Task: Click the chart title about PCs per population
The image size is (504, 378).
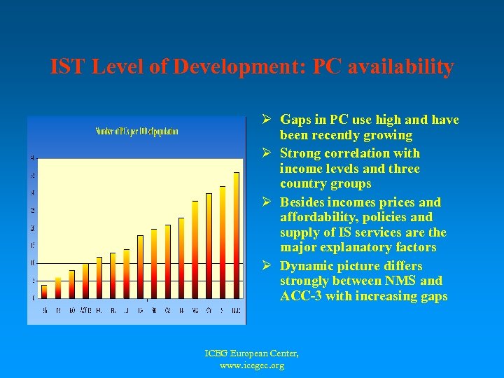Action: tap(136, 131)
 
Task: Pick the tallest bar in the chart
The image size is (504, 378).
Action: tap(236, 235)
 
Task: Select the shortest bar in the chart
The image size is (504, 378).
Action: tap(44, 291)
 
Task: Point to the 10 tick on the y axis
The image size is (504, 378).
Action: tap(31, 262)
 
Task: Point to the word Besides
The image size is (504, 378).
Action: tap(304, 202)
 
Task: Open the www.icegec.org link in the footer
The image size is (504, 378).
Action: tap(252, 366)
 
